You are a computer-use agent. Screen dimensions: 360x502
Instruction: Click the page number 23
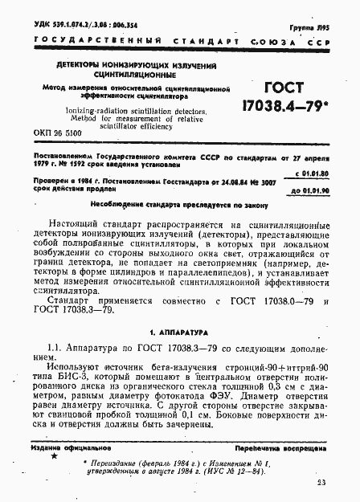321,483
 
